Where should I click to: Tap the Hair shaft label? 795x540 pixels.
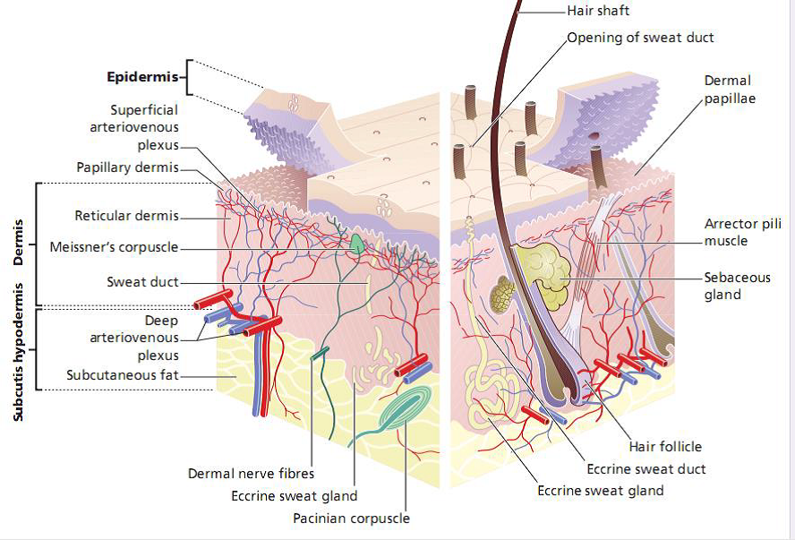tap(598, 11)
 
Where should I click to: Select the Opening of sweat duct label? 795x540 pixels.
tap(641, 38)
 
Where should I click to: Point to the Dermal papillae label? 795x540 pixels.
tap(729, 89)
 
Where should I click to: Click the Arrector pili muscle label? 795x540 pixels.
tap(738, 232)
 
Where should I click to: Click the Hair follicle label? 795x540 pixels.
tap(665, 446)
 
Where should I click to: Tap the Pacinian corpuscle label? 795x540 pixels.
tap(351, 518)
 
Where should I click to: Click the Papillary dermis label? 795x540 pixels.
tap(127, 167)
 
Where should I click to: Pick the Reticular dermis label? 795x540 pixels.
tap(126, 216)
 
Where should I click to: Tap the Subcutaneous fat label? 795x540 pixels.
tap(123, 374)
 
